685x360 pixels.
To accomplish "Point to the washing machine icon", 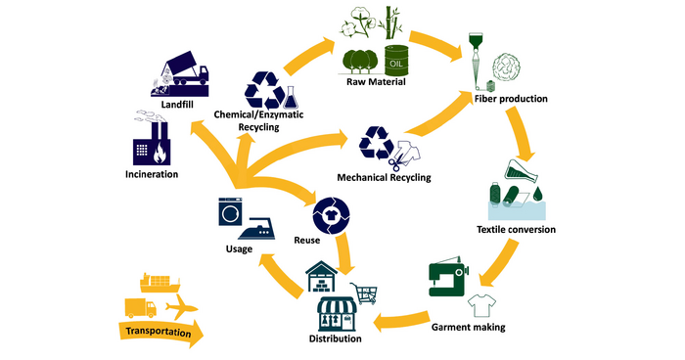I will coord(231,212).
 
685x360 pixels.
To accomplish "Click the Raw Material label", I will coord(374,82).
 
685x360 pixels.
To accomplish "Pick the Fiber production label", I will coord(511,99).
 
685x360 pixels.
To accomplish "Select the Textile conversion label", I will coord(516,230).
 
